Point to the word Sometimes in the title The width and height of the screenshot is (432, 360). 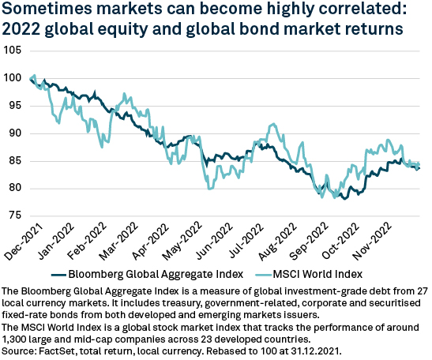coord(42,12)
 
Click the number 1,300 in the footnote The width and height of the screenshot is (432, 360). coord(20,336)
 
